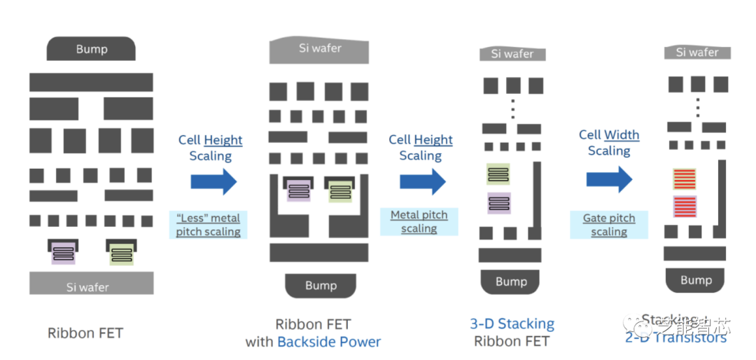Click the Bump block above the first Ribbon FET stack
pyautogui.click(x=91, y=49)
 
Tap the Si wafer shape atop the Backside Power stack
pyautogui.click(x=319, y=50)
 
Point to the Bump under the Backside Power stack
pyautogui.click(x=321, y=285)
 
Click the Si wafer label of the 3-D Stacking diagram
pyautogui.click(x=512, y=54)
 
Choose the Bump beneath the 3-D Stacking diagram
pyautogui.click(x=511, y=282)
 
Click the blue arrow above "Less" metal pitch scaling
pyautogui.click(x=213, y=181)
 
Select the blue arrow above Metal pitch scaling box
pyautogui.click(x=423, y=181)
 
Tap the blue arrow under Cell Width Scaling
pyautogui.click(x=609, y=179)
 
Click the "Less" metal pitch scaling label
pyautogui.click(x=208, y=224)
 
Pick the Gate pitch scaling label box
pyautogui.click(x=609, y=225)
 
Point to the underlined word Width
pyautogui.click(x=622, y=134)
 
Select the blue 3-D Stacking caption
pyautogui.click(x=512, y=324)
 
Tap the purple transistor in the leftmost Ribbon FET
pyautogui.click(x=64, y=251)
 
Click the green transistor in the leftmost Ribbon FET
pyautogui.click(x=120, y=251)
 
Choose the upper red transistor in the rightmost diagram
pyautogui.click(x=685, y=179)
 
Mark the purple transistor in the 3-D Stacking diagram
pyautogui.click(x=498, y=203)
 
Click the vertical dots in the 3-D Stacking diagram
pyautogui.click(x=512, y=109)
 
